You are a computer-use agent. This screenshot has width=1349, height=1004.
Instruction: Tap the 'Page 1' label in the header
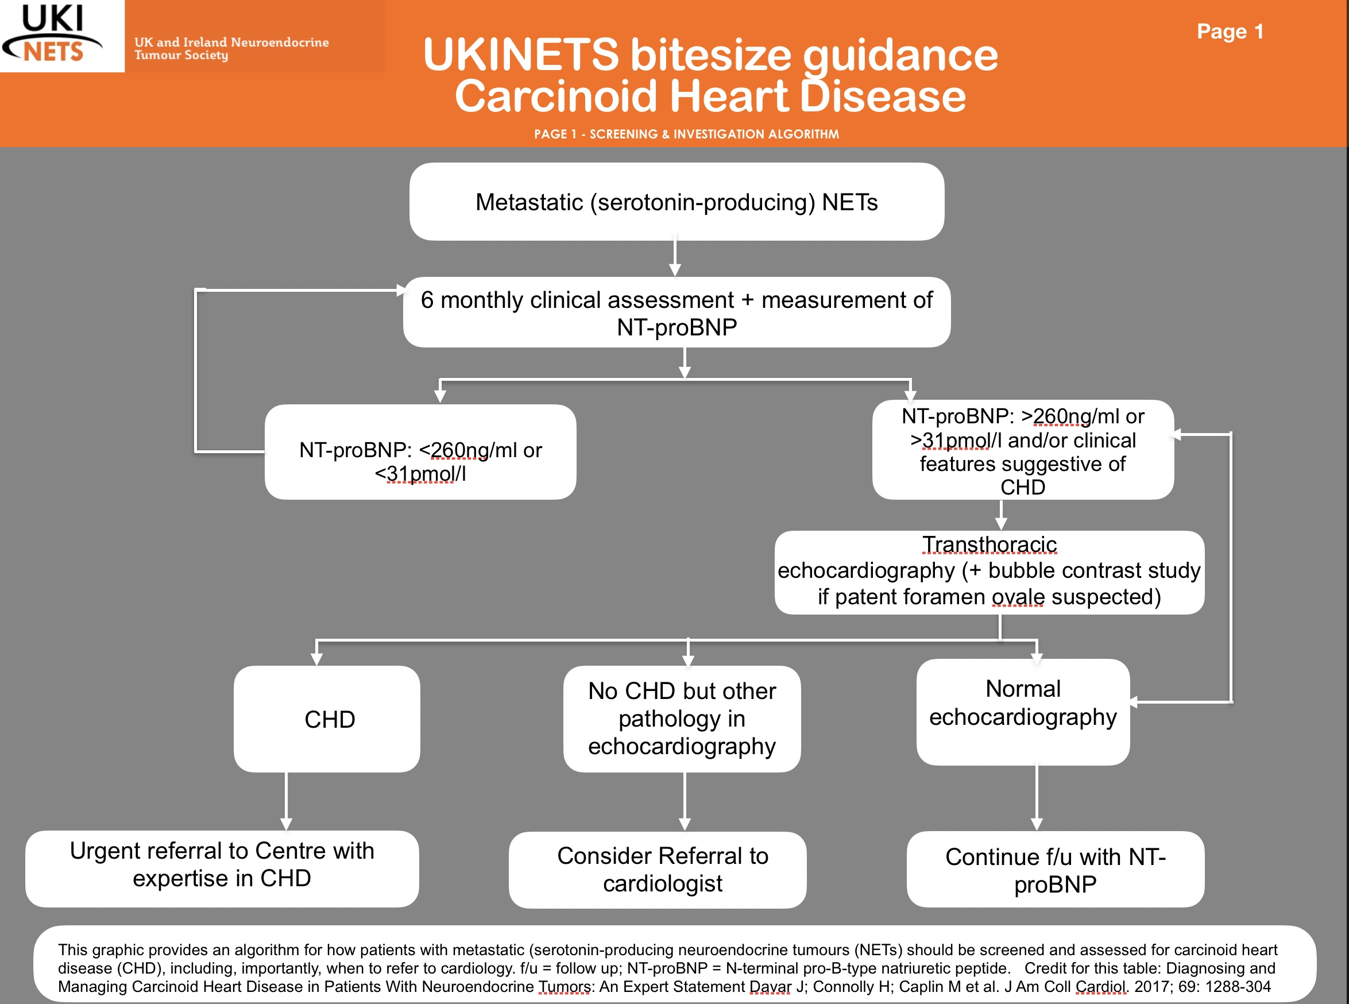click(x=1230, y=31)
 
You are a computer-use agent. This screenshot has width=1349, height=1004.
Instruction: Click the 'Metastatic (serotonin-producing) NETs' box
click(x=677, y=202)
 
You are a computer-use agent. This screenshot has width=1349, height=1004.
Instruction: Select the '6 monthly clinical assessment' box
click(x=677, y=312)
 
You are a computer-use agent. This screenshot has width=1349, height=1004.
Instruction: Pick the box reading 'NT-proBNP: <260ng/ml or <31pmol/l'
click(x=420, y=452)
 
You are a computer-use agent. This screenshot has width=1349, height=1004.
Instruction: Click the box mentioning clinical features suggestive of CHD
click(x=1023, y=450)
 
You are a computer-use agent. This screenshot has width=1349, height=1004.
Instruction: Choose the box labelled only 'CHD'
click(x=327, y=719)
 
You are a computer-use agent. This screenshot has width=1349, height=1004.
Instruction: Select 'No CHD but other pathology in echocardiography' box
click(x=682, y=719)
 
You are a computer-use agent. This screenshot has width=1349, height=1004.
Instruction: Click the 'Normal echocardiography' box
click(x=1023, y=712)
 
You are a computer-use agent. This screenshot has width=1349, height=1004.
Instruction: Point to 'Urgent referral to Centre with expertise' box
click(x=222, y=869)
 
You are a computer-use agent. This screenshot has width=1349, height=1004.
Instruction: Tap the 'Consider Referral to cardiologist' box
click(x=658, y=870)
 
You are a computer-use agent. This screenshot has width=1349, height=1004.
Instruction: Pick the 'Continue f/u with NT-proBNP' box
click(x=1056, y=869)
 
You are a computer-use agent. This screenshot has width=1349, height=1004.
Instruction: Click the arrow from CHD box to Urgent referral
click(x=286, y=802)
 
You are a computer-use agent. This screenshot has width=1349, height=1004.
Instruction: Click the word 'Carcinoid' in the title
click(x=556, y=96)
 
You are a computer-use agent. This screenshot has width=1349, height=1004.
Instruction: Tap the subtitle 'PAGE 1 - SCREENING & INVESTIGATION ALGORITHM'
click(x=687, y=134)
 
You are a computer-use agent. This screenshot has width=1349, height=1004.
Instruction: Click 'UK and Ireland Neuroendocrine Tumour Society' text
click(x=231, y=49)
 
